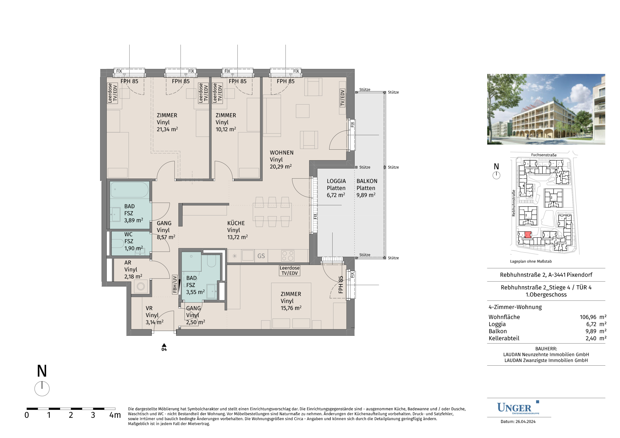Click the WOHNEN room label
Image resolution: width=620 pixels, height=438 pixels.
(x=281, y=153)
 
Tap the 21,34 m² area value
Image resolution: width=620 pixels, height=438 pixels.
(x=167, y=129)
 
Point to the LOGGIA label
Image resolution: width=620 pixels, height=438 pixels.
(x=336, y=181)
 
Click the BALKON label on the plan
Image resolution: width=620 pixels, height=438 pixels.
(x=367, y=181)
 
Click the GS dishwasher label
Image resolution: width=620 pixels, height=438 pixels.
(x=261, y=256)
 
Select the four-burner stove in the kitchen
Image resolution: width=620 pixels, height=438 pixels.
(x=288, y=256)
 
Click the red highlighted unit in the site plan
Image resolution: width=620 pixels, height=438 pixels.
(x=528, y=235)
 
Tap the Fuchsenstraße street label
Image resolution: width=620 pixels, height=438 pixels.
(x=544, y=155)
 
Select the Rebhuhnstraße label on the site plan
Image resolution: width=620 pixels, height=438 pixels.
(x=514, y=203)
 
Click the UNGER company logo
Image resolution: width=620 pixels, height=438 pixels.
(x=518, y=408)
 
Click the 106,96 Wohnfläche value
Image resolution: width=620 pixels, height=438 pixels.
(x=588, y=317)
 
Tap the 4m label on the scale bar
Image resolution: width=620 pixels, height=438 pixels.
(x=115, y=415)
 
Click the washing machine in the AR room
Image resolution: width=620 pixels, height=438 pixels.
(x=141, y=286)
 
